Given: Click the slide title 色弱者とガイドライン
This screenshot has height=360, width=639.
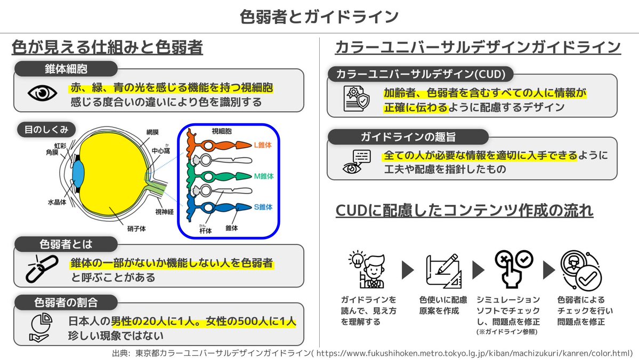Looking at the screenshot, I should pyautogui.click(x=319, y=17).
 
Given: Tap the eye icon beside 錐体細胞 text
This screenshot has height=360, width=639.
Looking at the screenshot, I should pyautogui.click(x=43, y=93).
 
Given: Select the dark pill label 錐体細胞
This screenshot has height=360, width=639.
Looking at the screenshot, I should pyautogui.click(x=66, y=69).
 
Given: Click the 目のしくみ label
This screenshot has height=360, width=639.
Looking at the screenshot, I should pyautogui.click(x=46, y=130).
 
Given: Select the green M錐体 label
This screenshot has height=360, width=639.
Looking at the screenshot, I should pyautogui.click(x=263, y=176).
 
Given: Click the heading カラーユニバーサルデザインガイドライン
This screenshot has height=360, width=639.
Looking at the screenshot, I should pyautogui.click(x=478, y=47).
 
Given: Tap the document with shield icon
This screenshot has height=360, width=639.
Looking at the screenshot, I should pyautogui.click(x=355, y=99).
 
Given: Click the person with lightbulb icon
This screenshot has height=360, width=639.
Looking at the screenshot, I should pyautogui.click(x=369, y=270).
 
